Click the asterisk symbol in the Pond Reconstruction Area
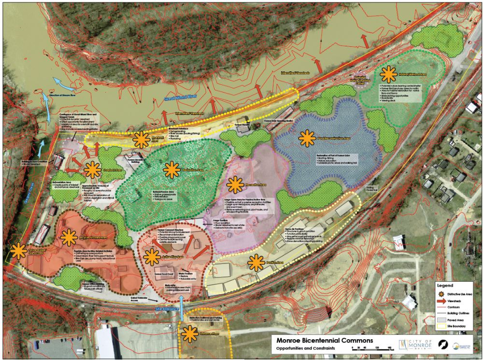pyautogui.click(x=307, y=139)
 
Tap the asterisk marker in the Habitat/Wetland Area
pyautogui.click(x=387, y=74)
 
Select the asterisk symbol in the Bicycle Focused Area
pyautogui.click(x=69, y=237)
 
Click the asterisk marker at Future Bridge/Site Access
pyautogui.click(x=19, y=250)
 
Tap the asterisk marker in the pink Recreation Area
pyautogui.click(x=235, y=185)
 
